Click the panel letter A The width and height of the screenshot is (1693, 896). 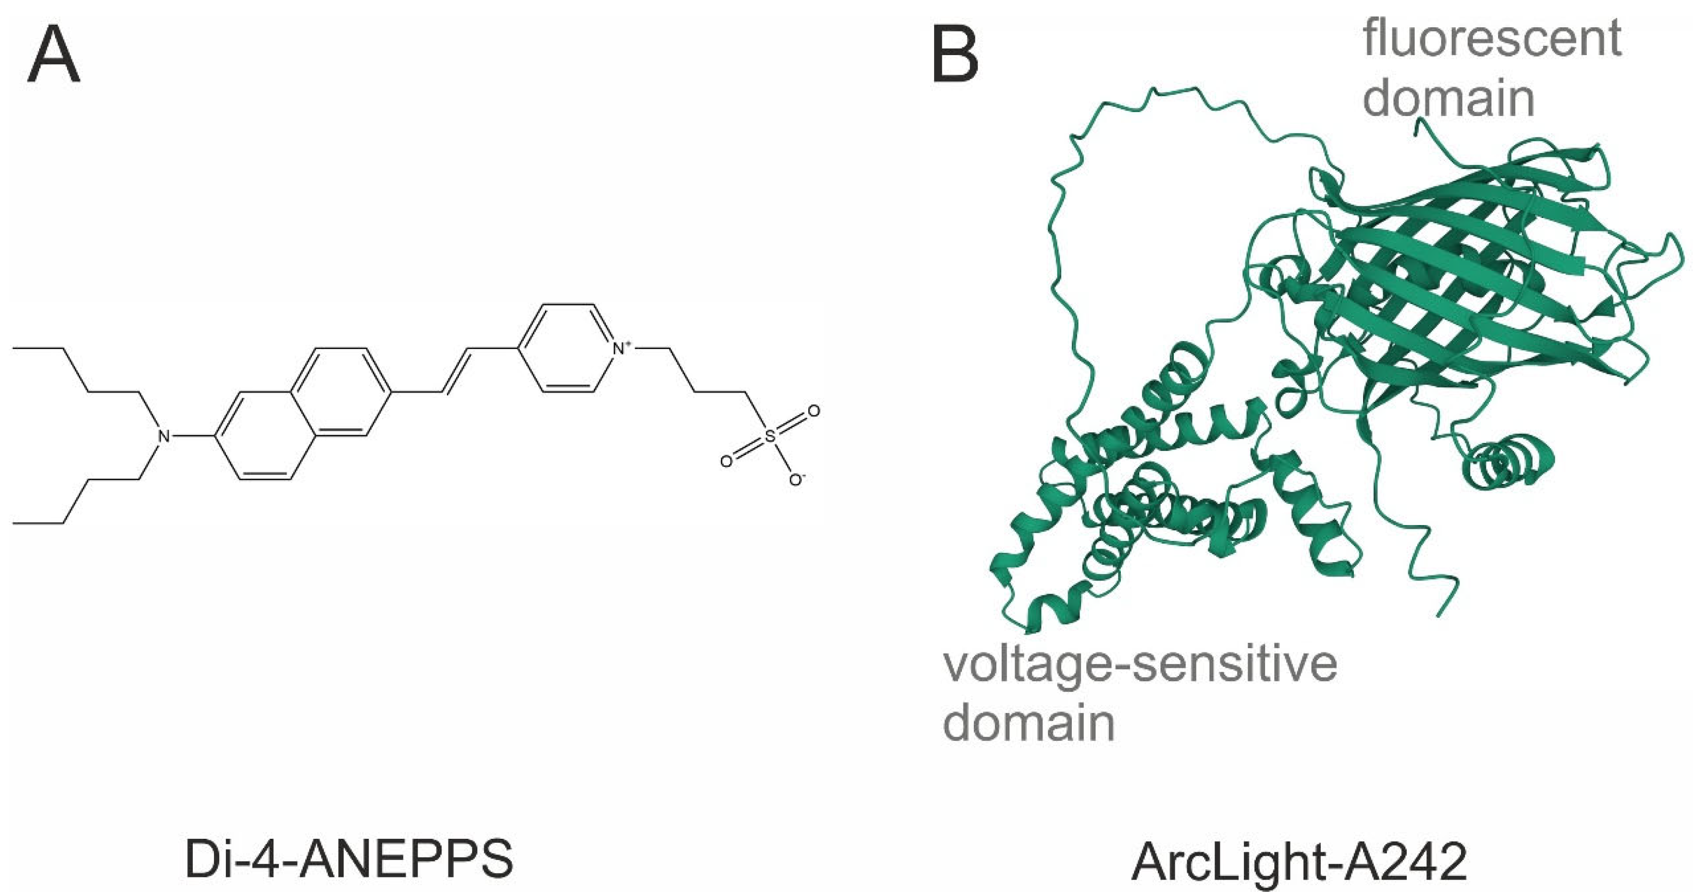click(x=54, y=57)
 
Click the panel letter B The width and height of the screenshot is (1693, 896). click(x=955, y=57)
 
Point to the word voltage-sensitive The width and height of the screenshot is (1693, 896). click(x=1140, y=665)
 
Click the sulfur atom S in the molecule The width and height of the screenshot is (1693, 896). click(x=771, y=435)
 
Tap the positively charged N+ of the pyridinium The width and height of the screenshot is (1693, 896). click(x=619, y=348)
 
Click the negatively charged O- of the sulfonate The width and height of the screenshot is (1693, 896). click(x=796, y=480)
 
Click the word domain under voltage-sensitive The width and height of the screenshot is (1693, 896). click(x=1029, y=723)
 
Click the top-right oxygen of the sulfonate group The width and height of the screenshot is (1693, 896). click(x=814, y=412)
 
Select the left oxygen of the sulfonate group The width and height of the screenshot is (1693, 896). click(x=725, y=461)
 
